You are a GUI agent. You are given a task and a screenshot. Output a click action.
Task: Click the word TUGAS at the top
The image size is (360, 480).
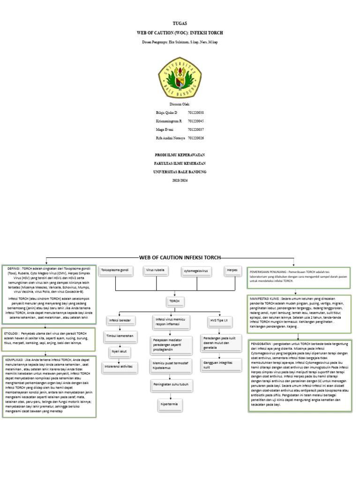coord(180,23)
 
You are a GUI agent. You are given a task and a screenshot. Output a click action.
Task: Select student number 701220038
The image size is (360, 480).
coord(195,113)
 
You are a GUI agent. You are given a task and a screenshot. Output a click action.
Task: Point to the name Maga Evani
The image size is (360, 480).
coord(165,129)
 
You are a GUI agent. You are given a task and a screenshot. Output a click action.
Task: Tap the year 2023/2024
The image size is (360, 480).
coord(180,180)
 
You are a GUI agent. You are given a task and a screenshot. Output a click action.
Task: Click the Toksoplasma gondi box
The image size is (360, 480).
coord(115,271)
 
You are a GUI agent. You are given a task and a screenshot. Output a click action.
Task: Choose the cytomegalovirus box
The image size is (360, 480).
coord(196,271)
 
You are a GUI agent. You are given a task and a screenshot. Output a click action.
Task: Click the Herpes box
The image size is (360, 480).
coord(232,270)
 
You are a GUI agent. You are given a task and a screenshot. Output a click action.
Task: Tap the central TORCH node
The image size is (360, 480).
coord(174,301)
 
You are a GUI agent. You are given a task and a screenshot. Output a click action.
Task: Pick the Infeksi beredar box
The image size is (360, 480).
coord(121,321)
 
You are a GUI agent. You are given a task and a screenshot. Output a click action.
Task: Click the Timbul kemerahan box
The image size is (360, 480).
coord(120,336)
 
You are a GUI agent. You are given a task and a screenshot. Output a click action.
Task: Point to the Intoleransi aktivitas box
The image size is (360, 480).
coord(119,366)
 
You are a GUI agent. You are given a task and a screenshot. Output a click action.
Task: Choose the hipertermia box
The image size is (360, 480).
coord(169,404)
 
